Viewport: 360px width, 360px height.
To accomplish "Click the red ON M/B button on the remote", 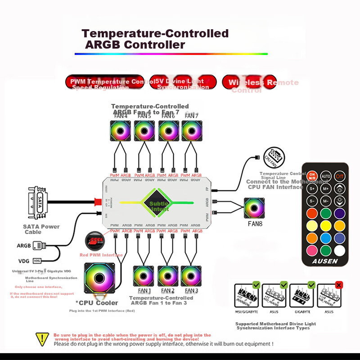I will [312, 175].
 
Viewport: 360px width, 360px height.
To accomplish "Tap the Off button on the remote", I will [340, 175].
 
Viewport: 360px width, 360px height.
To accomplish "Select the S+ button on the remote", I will [312, 188].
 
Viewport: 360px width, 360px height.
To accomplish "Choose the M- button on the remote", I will [326, 201].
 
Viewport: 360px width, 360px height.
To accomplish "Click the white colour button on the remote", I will [340, 250].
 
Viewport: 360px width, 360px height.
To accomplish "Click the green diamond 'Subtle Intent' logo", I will [159, 203].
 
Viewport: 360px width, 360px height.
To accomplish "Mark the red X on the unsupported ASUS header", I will [339, 285].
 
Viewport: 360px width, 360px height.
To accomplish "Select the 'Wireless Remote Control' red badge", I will [249, 82].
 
